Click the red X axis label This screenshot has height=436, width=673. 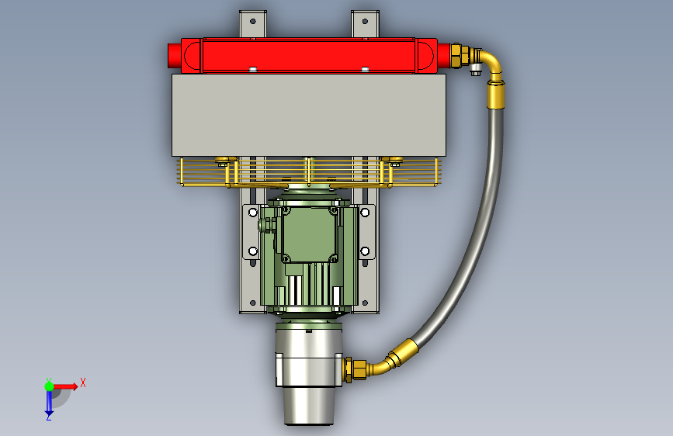tap(83, 382)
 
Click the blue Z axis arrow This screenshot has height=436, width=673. tap(49, 403)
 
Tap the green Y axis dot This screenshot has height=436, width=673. tap(49, 386)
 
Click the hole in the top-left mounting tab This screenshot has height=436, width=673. tap(253, 21)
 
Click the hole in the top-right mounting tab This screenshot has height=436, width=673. tap(365, 21)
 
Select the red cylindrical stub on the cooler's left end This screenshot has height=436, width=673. tap(174, 55)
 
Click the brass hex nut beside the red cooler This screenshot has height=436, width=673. tap(456, 55)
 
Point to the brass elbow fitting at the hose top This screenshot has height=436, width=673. tap(490, 63)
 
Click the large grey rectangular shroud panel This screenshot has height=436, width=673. tap(309, 115)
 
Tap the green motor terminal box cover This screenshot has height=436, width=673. tap(309, 234)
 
